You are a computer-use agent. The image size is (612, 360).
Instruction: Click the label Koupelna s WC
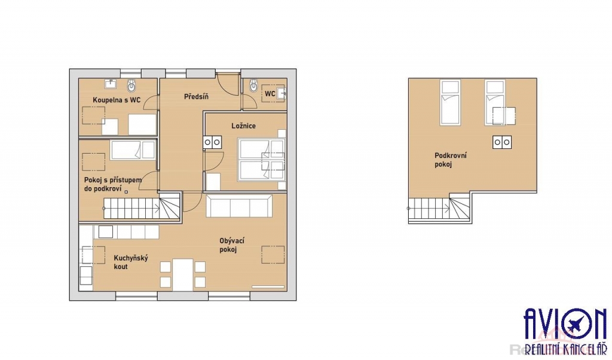click(x=117, y=100)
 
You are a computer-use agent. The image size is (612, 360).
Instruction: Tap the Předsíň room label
click(x=196, y=96)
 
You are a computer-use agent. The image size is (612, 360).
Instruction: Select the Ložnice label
click(x=243, y=126)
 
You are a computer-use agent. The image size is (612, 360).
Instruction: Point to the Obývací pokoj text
click(x=231, y=245)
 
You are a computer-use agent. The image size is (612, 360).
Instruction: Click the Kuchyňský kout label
click(x=131, y=262)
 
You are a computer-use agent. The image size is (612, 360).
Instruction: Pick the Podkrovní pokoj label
click(x=451, y=160)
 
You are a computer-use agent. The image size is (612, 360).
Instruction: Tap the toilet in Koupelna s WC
click(x=132, y=85)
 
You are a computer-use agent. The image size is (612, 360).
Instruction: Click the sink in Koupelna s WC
click(x=111, y=83)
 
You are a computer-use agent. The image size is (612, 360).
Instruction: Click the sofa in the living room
click(x=239, y=206)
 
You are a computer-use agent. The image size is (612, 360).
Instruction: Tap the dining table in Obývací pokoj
click(x=183, y=274)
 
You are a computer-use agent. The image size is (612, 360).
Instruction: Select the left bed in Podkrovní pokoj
click(x=450, y=102)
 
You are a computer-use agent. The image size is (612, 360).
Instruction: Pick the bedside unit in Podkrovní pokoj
click(x=501, y=142)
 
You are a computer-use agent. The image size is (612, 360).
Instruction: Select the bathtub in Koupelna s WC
click(x=142, y=124)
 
